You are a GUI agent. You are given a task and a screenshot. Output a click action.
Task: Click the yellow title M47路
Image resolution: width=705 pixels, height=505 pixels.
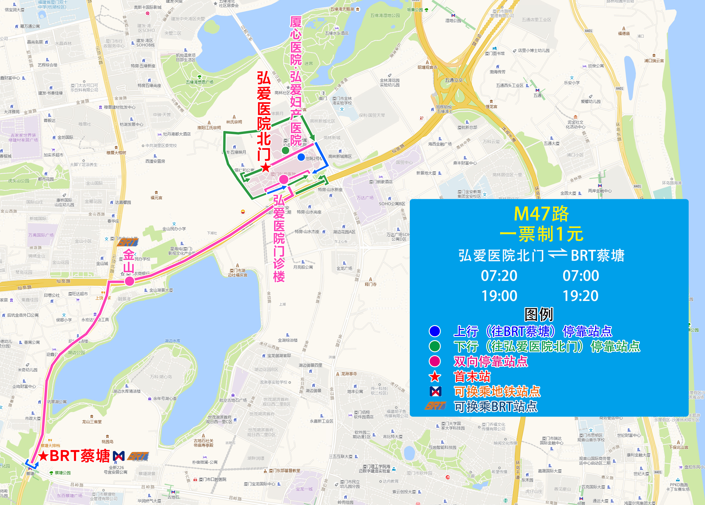pos(541,214)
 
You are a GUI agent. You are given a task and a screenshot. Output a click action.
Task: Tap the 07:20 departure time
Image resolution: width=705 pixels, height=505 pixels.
pos(499,276)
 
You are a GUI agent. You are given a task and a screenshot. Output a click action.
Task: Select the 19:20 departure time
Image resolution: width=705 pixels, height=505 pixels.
pos(580,296)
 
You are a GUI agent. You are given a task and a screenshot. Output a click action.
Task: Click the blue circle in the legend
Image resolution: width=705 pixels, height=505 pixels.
pos(435,331)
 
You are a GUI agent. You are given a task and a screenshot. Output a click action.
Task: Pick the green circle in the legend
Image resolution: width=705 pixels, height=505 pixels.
pos(435,346)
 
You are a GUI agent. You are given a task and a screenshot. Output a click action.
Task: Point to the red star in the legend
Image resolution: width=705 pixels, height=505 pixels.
pos(435,377)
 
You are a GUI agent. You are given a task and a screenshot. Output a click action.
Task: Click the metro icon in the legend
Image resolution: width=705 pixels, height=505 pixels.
pos(435,392)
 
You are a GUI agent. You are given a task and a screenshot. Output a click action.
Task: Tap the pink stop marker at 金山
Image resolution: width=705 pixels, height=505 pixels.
pos(129,281)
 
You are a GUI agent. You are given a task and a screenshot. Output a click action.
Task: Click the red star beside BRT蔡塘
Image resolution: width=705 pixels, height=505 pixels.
pos(43,456)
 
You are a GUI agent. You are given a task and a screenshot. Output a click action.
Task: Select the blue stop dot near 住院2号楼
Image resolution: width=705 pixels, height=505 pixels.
pos(301,157)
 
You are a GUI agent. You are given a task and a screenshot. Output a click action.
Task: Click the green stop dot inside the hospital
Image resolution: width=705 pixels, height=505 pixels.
pos(286,151)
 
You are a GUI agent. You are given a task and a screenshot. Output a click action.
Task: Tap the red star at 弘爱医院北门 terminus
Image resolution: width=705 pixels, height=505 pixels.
pos(266,168)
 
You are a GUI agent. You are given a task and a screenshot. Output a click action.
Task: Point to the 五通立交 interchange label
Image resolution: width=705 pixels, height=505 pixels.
pos(454,80)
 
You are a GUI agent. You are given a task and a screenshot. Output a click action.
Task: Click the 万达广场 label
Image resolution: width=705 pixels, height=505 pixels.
pos(365,198)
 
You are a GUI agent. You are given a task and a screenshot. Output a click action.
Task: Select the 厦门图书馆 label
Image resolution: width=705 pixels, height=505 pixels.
pos(495,53)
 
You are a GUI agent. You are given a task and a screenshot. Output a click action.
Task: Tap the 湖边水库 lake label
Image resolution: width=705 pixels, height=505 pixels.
pos(173,341)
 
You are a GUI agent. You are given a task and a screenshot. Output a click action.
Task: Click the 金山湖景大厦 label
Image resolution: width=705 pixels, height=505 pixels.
pos(161,290)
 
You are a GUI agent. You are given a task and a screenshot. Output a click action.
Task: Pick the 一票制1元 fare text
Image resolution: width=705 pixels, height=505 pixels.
pos(541,234)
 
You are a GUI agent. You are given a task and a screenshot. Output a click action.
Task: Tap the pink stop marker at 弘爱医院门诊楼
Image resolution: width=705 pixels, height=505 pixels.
pos(283,179)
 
